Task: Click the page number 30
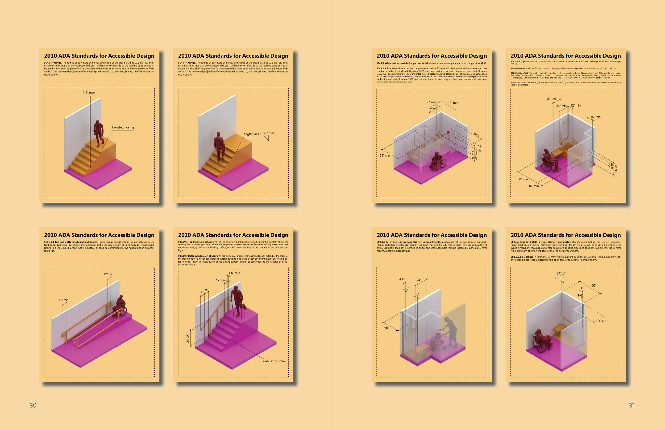click(33, 405)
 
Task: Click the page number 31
click(632, 405)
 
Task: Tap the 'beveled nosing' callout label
click(123, 127)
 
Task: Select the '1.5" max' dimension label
click(89, 92)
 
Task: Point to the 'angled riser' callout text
click(252, 134)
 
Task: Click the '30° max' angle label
click(269, 133)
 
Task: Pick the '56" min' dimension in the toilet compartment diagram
click(385, 155)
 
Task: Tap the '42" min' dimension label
click(453, 103)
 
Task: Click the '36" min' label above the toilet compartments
click(431, 102)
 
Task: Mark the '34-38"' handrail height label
click(188, 338)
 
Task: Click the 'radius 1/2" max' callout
click(274, 361)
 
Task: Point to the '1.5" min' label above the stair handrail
click(234, 273)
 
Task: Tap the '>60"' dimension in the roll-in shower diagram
click(593, 286)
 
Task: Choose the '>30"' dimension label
click(602, 321)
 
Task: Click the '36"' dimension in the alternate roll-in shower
click(386, 328)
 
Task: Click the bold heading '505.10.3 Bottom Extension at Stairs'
click(198, 256)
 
